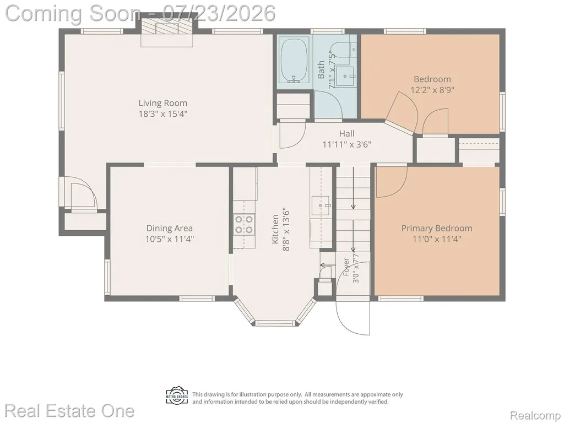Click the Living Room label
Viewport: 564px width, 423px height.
[163, 103]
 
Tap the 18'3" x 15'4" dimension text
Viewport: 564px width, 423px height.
[163, 114]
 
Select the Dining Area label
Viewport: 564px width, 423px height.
[170, 228]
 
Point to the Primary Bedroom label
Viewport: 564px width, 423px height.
[437, 228]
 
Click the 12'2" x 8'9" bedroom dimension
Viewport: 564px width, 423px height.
[432, 90]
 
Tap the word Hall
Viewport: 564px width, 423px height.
[347, 134]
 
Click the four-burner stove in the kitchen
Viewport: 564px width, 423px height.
[244, 225]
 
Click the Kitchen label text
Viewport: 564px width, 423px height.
[275, 229]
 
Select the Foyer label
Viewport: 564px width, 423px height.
[346, 267]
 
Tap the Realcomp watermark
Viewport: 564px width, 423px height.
[535, 415]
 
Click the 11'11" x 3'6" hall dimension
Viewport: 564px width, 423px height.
[347, 145]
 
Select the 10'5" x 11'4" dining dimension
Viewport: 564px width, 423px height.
[170, 239]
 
